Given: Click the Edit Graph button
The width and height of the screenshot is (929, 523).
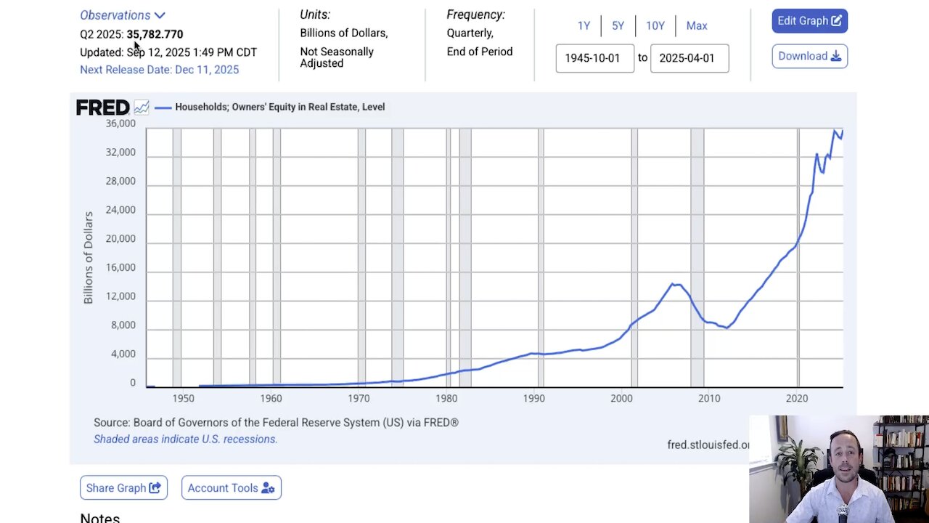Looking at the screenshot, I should tap(809, 21).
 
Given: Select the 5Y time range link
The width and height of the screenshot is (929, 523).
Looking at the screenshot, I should tap(618, 25).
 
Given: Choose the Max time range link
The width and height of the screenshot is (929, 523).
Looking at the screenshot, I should tap(696, 25).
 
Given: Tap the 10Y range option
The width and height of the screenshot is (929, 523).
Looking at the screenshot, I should tap(655, 25).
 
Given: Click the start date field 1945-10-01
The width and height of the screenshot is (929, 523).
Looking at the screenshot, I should tap(594, 58).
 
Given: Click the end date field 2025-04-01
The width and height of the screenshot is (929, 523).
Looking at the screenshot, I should tap(689, 58).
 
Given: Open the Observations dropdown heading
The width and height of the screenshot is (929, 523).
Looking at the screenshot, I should tap(122, 15).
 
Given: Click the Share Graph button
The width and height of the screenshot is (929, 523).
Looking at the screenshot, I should tap(123, 488).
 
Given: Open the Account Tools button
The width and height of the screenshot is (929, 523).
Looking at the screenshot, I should tap(231, 488).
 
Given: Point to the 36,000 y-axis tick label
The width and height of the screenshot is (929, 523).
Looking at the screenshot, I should tap(120, 123).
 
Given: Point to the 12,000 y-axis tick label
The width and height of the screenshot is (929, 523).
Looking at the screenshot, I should tap(120, 296).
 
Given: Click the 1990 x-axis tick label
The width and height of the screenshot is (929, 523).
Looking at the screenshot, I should tap(533, 398).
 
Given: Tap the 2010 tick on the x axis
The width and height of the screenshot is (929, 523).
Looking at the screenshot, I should tap(709, 398).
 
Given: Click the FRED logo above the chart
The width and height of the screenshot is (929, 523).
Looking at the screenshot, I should tap(103, 108).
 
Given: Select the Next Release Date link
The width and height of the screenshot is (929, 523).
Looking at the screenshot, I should tap(159, 70).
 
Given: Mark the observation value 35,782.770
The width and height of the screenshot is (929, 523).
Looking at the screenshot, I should tap(155, 34).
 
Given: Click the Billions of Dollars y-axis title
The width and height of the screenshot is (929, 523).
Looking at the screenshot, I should tap(89, 257).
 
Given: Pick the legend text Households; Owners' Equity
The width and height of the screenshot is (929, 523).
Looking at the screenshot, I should tap(279, 107).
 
